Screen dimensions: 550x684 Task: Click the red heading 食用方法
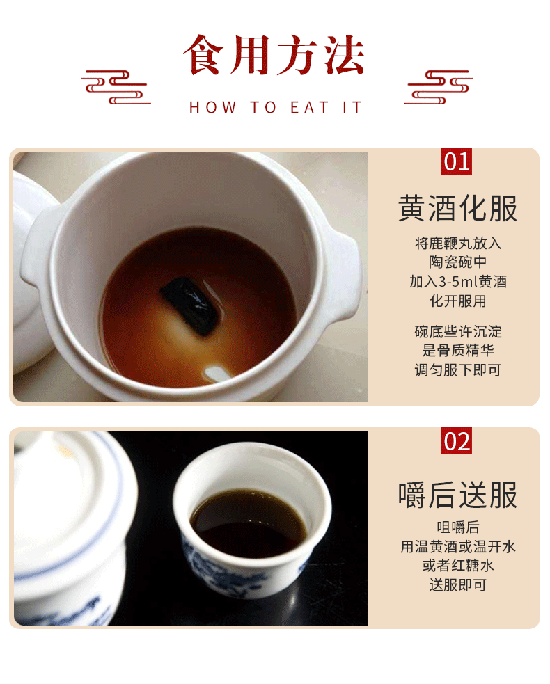pos(274,55)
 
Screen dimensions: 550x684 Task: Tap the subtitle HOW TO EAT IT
pos(276,107)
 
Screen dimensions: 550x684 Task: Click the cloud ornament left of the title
pos(116,87)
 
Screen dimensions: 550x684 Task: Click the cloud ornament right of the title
pos(438,87)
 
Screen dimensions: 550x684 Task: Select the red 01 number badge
pos(457,161)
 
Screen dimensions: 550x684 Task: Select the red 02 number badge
pos(457,441)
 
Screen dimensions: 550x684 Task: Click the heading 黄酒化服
pos(458,209)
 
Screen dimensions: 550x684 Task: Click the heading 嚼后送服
pos(458,495)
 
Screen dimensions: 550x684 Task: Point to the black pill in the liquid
pos(191,305)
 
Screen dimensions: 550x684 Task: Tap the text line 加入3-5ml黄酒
pos(458,282)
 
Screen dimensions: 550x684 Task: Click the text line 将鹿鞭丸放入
pos(458,243)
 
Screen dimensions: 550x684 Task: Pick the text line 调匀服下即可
pos(458,370)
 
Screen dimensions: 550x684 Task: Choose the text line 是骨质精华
pos(458,350)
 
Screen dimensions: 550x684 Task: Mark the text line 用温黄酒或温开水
pos(458,547)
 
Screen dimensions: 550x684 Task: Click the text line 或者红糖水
pos(458,566)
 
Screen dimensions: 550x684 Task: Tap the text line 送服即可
pos(458,585)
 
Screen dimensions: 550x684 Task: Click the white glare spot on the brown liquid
pos(216,374)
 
